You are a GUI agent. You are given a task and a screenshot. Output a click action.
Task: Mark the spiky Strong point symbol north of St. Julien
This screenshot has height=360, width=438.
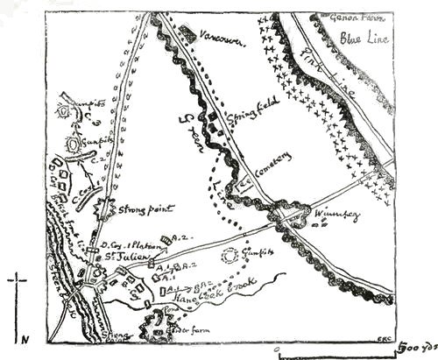coord(107,207)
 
